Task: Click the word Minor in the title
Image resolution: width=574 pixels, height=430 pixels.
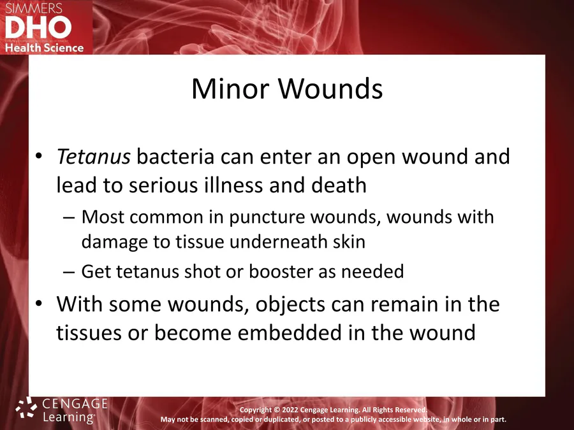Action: point(230,89)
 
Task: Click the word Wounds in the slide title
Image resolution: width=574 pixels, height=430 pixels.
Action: point(330,89)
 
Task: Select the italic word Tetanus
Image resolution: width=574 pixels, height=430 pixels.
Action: point(94,157)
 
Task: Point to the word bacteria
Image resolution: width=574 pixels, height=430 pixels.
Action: point(175,157)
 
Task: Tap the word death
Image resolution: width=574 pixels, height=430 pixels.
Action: point(339,185)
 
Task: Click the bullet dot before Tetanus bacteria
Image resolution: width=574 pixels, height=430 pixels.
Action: point(39,156)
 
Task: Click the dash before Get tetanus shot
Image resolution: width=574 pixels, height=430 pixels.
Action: point(69,272)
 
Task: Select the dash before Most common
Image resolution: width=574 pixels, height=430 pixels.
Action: point(69,218)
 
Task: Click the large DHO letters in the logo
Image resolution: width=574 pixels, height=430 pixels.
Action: point(38,27)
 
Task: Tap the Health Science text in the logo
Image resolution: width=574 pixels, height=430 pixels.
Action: point(44,48)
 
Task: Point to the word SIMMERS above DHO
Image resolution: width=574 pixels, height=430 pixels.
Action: point(34,8)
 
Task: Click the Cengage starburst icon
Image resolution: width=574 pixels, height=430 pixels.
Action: point(26,408)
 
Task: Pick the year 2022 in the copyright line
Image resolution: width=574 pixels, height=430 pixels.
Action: point(289,410)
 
